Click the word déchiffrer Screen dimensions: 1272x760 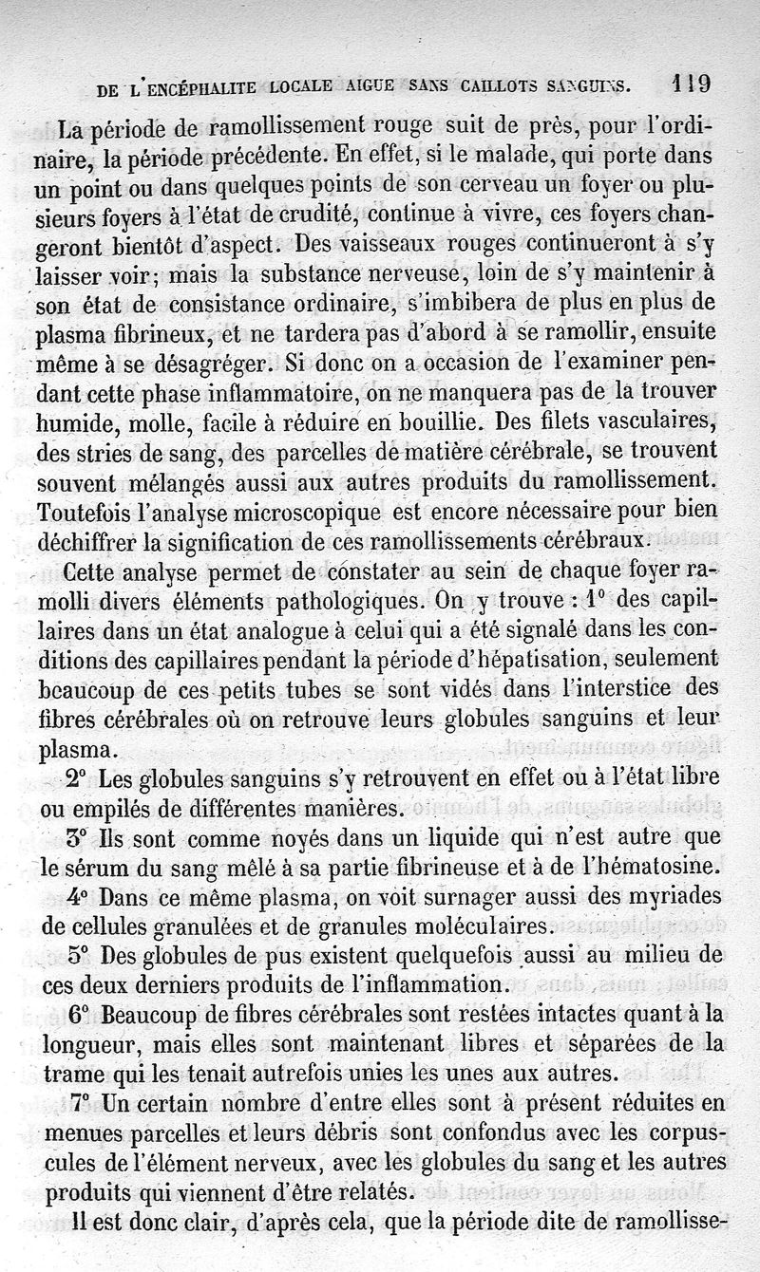pyautogui.click(x=97, y=542)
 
